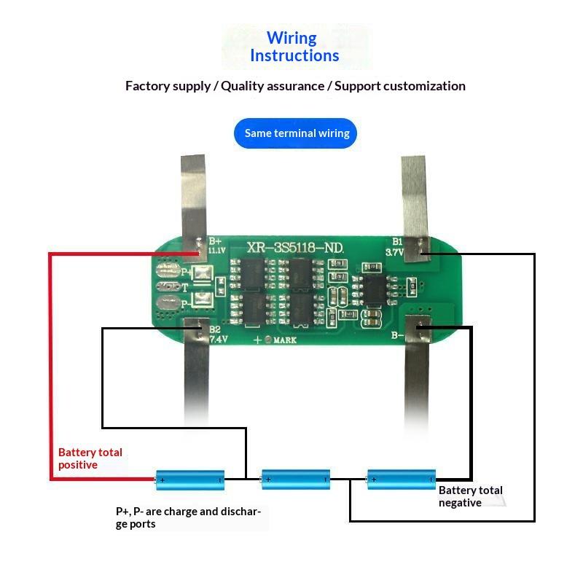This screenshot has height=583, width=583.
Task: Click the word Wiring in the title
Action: click(x=291, y=38)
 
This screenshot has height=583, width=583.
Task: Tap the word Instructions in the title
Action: click(x=294, y=55)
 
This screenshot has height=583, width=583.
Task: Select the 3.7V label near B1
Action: click(x=394, y=252)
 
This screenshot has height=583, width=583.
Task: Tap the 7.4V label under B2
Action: click(x=219, y=339)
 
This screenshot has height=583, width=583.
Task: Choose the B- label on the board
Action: click(x=397, y=335)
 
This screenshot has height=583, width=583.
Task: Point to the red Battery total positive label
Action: click(x=90, y=458)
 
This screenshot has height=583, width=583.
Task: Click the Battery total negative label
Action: click(x=471, y=496)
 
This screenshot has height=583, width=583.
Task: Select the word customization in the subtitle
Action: click(x=424, y=86)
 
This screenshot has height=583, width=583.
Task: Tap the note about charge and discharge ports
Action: click(x=188, y=517)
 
